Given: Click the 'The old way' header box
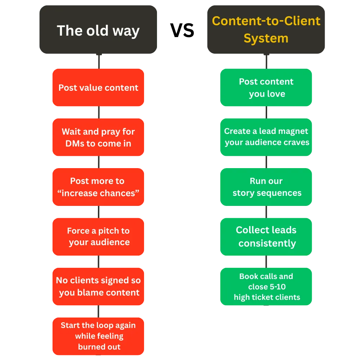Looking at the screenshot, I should click(x=98, y=31).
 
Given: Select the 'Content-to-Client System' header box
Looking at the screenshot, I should click(x=266, y=30).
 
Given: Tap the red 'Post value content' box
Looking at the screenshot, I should click(x=98, y=87).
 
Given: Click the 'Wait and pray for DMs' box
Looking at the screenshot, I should click(x=98, y=137).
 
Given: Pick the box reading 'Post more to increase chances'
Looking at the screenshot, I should click(x=98, y=187).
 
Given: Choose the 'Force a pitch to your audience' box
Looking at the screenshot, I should click(x=98, y=236).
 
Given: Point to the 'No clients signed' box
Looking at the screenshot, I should click(x=98, y=286).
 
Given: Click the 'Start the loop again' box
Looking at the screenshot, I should click(x=98, y=336).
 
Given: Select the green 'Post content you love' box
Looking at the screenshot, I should click(x=266, y=87).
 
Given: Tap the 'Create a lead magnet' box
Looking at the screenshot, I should click(x=266, y=137).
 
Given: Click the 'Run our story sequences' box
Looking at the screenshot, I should click(x=266, y=187).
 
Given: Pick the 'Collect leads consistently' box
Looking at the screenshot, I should click(x=266, y=237).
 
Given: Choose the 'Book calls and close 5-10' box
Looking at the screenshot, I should click(x=266, y=287).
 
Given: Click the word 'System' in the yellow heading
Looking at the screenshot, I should click(x=266, y=38).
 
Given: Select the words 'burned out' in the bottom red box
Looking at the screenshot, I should click(x=99, y=347).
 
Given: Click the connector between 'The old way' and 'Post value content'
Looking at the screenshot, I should click(x=99, y=62).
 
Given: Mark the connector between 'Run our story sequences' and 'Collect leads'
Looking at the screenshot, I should click(x=266, y=212).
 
